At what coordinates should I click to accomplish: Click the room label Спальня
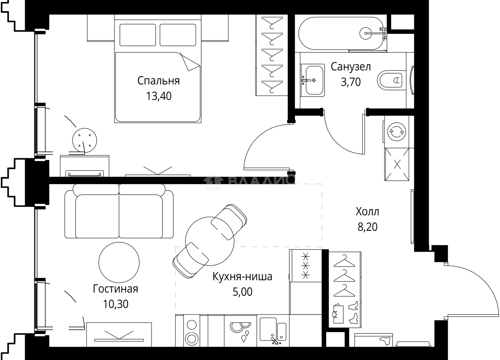pos(158,81)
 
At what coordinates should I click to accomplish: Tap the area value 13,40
pos(159,96)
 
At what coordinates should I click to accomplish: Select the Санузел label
pos(350,67)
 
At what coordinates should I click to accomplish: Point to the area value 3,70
pos(350,82)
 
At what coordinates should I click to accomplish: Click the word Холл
pos(367,212)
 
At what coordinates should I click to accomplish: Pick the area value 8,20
pos(367,227)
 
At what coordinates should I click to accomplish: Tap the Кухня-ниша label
pos(242,277)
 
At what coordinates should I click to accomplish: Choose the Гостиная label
pos(115,289)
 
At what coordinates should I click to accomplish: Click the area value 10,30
pos(116,304)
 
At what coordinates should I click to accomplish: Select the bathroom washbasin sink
pos(313,81)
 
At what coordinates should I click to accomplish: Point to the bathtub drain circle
pos(366,33)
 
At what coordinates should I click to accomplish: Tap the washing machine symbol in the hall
pos(396,132)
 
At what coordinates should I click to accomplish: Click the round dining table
pos(210,241)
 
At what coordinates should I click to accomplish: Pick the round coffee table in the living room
pos(119,262)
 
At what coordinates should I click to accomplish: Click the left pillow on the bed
pos(138,35)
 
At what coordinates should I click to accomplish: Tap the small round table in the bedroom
pos(85,140)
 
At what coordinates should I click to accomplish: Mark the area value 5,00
pos(242,292)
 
